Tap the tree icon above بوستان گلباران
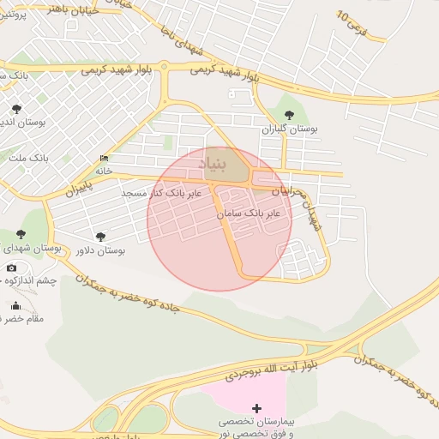(289, 114)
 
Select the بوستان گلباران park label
(290, 129)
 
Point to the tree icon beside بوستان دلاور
(100, 237)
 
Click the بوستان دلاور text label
(100, 251)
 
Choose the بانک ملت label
(28, 159)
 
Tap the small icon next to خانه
(104, 159)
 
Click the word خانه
(104, 171)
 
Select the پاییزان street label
(78, 186)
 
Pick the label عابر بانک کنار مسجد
(162, 194)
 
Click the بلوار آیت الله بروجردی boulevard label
(272, 361)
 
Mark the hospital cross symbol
(256, 407)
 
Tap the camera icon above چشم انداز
(11, 268)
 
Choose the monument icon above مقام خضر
(15, 305)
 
